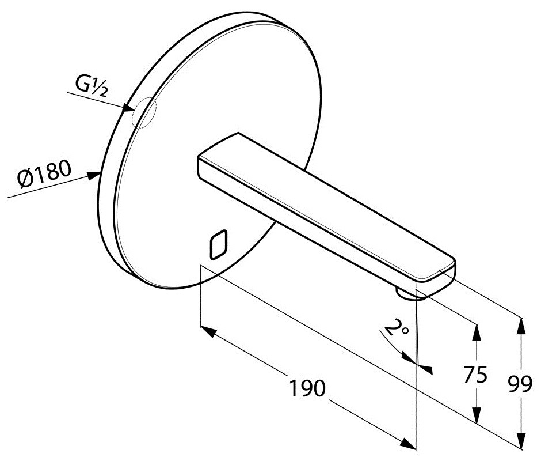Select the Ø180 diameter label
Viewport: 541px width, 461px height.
pos(44,173)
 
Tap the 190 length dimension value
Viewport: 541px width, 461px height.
pos(307,388)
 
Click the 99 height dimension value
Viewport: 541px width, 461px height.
pos(520,384)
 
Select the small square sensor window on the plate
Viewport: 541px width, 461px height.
pos(219,244)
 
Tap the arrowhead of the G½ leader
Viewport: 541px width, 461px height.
pos(128,108)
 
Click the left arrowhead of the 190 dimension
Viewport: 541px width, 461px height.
pos(208,331)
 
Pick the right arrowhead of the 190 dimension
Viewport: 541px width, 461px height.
pos(408,444)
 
